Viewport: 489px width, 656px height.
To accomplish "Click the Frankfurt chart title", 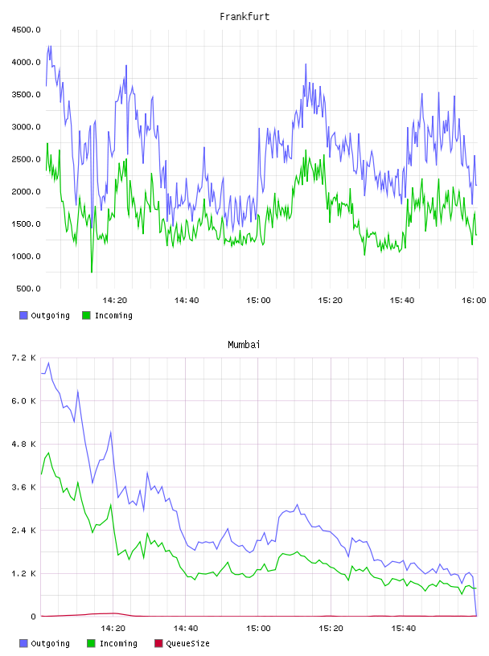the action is pyautogui.click(x=244, y=17).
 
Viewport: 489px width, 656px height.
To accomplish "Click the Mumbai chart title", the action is pyautogui.click(x=244, y=345).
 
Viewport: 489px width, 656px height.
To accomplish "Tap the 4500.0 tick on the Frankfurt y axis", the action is pyautogui.click(x=26, y=30).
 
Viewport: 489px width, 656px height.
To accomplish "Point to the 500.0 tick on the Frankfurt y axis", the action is pyautogui.click(x=28, y=289).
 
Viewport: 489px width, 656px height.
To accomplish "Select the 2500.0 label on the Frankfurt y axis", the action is pyautogui.click(x=26, y=159).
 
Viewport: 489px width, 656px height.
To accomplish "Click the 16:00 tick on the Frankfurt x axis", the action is pyautogui.click(x=474, y=301).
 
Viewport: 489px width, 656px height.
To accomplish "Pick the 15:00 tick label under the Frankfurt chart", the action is pyautogui.click(x=258, y=301).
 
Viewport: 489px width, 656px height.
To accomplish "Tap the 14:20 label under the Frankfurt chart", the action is pyautogui.click(x=115, y=301).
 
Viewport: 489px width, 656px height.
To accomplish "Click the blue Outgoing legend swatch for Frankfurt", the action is pyautogui.click(x=23, y=315).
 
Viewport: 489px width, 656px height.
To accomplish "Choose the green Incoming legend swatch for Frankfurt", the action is pyautogui.click(x=86, y=315).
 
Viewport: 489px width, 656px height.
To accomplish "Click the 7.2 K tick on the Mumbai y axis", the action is pyautogui.click(x=24, y=358).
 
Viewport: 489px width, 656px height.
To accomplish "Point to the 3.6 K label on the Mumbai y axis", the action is pyautogui.click(x=24, y=487).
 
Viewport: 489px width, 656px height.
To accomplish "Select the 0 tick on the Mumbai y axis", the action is pyautogui.click(x=33, y=617).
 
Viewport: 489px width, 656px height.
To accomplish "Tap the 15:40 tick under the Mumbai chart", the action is pyautogui.click(x=404, y=629).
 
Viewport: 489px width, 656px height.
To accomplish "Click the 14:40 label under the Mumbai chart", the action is pyautogui.click(x=186, y=629).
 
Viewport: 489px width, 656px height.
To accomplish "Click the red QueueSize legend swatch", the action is pyautogui.click(x=158, y=643).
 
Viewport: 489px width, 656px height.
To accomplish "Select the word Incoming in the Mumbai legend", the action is pyautogui.click(x=118, y=643).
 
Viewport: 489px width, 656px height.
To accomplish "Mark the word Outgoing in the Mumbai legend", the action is pyautogui.click(x=50, y=643).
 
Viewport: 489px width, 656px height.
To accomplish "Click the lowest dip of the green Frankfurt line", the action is pyautogui.click(x=92, y=272).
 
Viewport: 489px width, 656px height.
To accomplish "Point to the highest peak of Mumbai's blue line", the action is pyautogui.click(x=48, y=363).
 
